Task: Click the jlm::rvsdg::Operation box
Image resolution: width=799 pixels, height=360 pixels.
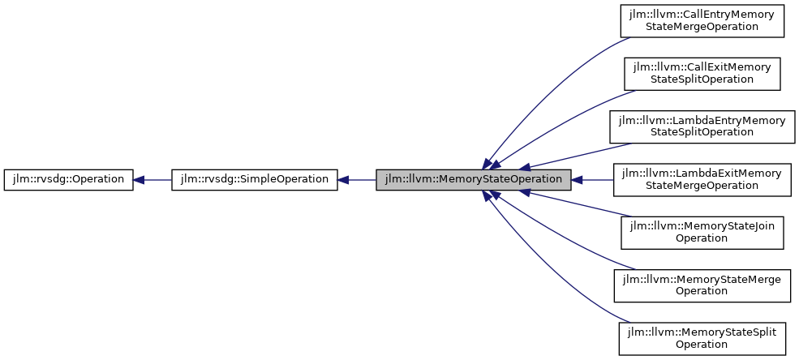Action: (68, 179)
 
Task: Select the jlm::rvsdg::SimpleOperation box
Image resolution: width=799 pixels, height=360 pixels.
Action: (254, 179)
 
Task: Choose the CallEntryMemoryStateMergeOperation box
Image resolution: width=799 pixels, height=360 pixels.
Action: (702, 20)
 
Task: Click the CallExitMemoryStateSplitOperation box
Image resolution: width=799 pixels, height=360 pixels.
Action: (702, 73)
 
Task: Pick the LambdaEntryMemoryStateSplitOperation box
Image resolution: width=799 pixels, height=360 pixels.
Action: (702, 126)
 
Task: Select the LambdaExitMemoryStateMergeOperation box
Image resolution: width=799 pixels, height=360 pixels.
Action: (702, 179)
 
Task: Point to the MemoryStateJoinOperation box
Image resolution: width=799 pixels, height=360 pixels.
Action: (702, 232)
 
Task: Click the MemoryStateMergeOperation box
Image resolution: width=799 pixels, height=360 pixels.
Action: (702, 285)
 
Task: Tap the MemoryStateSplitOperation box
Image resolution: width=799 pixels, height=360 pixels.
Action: (702, 337)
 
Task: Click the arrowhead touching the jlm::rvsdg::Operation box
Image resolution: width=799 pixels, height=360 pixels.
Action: (140, 179)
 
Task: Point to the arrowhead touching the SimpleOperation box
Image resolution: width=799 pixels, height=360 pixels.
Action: (344, 179)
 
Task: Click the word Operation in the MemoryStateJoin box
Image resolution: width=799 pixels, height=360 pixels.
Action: (702, 238)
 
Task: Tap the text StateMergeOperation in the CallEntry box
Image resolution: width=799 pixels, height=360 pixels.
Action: (702, 27)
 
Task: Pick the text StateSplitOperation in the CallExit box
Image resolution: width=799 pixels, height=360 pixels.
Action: (702, 79)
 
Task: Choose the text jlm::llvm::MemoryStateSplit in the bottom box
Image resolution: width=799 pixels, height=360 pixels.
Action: (702, 332)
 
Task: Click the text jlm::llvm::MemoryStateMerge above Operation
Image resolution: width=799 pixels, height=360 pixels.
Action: (702, 279)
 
